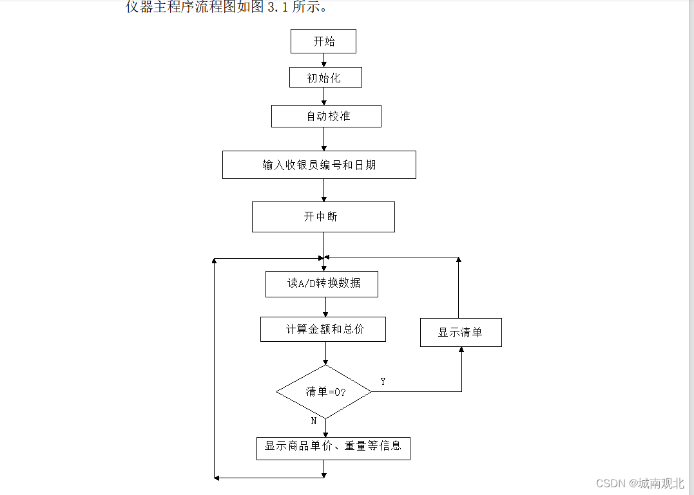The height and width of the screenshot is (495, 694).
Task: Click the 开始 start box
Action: [323, 41]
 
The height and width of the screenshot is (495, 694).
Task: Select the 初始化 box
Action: [325, 78]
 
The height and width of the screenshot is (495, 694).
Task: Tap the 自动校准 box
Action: [326, 117]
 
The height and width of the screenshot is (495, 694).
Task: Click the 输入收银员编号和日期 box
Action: [319, 165]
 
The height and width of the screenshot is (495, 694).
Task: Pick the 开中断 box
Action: [323, 217]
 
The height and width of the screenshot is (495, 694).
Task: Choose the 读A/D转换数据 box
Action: [322, 284]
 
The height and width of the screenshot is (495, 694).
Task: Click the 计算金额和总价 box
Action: [323, 329]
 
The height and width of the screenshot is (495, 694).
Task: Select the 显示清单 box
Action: [461, 333]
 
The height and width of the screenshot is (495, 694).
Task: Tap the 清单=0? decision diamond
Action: [324, 392]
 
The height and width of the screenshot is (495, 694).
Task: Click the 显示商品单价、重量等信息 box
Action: [333, 446]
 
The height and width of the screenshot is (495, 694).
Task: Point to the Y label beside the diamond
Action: [383, 382]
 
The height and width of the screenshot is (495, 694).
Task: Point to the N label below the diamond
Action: [314, 421]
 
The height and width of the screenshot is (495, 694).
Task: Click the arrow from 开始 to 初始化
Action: [324, 60]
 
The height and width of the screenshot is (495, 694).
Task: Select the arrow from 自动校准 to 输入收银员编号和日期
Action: [324, 139]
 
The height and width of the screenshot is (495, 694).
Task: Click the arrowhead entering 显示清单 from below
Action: [461, 350]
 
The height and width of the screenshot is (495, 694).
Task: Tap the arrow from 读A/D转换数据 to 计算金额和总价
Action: [325, 307]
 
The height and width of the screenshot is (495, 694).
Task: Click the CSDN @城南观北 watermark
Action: [640, 483]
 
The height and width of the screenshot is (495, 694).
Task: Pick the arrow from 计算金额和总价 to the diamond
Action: [325, 353]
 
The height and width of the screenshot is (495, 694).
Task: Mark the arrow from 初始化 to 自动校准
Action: [324, 97]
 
